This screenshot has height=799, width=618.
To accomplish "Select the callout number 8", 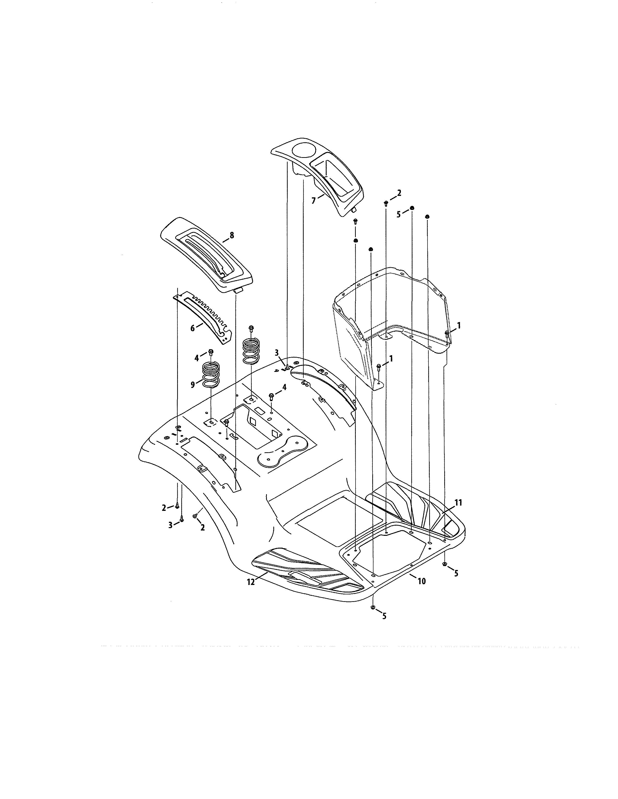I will (x=232, y=236).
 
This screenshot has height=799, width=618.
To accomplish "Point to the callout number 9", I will (x=193, y=385).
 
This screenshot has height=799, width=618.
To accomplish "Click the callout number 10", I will (x=421, y=581).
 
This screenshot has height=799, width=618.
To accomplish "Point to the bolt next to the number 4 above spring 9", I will (x=211, y=352).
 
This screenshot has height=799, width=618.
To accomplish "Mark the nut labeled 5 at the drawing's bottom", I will (x=373, y=608).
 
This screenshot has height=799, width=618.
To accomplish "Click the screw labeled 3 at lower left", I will (x=182, y=520).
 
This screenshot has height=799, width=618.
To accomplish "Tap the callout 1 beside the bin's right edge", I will (x=459, y=325).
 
